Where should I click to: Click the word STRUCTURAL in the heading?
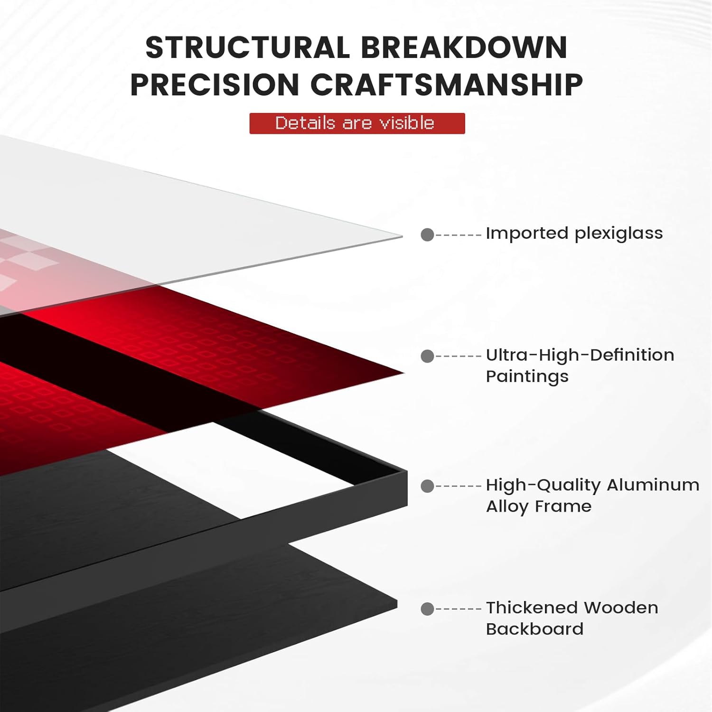tap(247, 48)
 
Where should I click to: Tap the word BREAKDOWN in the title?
tap(464, 48)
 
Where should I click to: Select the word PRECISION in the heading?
tap(214, 85)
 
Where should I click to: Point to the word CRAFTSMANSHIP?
tap(447, 85)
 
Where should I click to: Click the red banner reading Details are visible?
tap(357, 123)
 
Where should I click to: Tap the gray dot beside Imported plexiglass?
tap(427, 234)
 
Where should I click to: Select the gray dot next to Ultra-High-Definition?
tap(427, 356)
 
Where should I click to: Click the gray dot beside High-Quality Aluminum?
tap(427, 486)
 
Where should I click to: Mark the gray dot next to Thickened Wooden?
tap(427, 609)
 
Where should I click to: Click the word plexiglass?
tap(618, 234)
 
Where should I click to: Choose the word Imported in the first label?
tap(527, 234)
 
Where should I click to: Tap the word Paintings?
tap(527, 376)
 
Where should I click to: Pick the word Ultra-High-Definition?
tap(580, 355)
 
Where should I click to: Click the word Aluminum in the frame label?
tap(653, 485)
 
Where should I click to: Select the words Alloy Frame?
tap(539, 506)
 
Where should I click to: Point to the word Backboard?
tap(534, 629)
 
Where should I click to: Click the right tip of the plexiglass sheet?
tap(403, 236)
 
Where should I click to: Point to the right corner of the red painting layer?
tap(403, 373)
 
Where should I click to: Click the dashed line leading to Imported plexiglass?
tap(459, 234)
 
